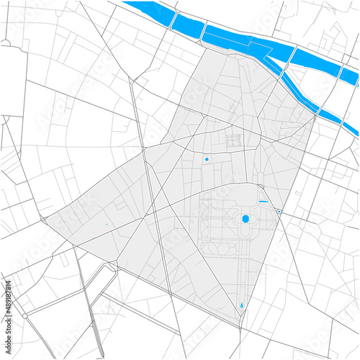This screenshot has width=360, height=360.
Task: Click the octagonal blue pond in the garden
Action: (245, 219)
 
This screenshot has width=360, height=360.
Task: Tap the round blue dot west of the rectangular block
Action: (207, 159)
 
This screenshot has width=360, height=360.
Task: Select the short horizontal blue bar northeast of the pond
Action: (263, 202)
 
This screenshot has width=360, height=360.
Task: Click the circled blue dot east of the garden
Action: (279, 211)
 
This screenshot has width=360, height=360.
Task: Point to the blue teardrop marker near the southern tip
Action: (241, 305)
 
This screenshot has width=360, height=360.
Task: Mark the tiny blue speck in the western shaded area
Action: (106, 225)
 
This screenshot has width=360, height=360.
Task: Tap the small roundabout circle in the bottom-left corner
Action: (24, 315)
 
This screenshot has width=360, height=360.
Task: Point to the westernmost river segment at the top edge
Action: (148, 11)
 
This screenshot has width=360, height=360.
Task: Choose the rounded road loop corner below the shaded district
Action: (112, 268)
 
